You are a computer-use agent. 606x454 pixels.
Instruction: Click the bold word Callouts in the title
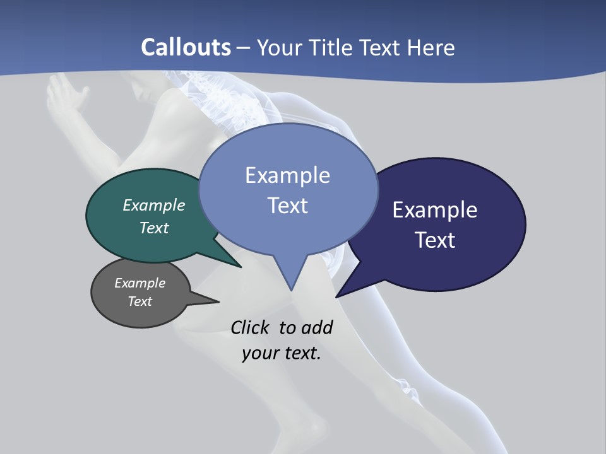(186, 47)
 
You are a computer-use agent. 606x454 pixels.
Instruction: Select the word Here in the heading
(432, 47)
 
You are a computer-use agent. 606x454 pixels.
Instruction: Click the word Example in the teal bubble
(154, 205)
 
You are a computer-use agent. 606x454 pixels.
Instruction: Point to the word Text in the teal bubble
(154, 228)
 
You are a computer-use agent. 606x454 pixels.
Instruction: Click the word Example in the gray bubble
(140, 283)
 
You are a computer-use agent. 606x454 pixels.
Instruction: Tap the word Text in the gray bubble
(140, 301)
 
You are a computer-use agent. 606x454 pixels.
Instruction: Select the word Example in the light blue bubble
(287, 175)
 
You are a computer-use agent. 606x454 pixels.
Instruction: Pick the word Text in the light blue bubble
(287, 206)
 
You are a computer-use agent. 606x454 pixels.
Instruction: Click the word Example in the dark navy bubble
(435, 210)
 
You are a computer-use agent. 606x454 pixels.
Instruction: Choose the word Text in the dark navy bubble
(435, 240)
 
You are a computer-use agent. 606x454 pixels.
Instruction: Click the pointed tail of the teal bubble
(240, 266)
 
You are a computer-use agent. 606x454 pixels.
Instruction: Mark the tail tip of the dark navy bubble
(338, 295)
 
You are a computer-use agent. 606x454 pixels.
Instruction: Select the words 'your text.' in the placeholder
(282, 353)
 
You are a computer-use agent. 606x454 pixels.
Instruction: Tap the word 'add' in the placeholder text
(316, 327)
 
